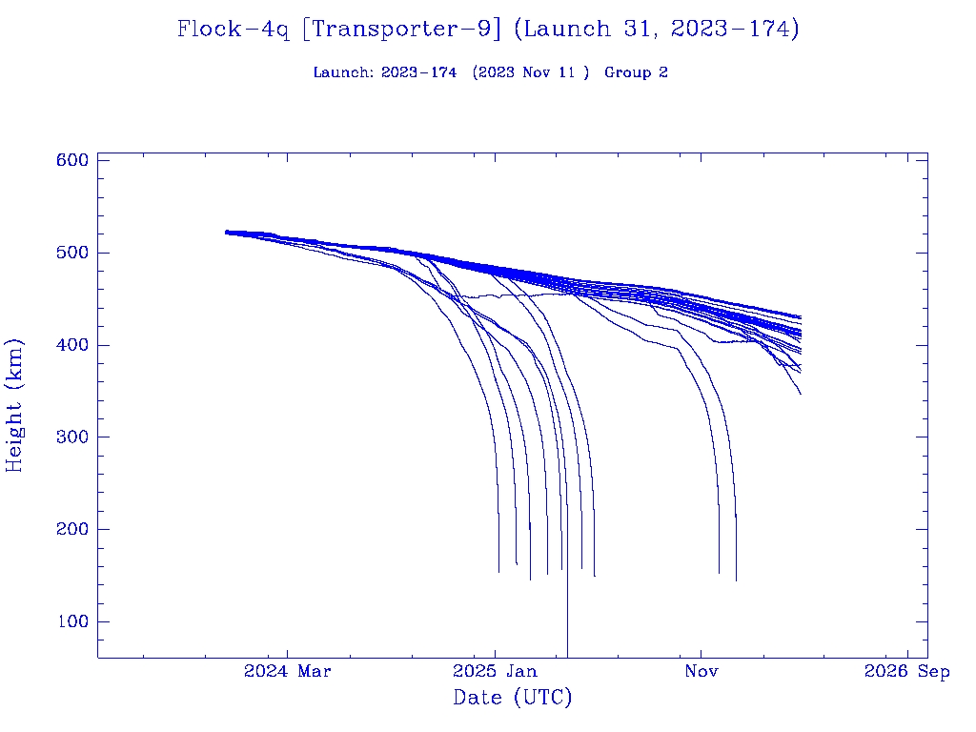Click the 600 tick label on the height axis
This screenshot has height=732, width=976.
[72, 160]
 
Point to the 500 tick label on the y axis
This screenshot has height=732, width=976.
[72, 253]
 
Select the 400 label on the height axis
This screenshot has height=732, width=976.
[72, 345]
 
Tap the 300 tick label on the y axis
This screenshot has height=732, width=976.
[72, 437]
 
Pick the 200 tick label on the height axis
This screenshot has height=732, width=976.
[72, 530]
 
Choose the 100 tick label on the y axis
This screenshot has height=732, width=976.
[72, 622]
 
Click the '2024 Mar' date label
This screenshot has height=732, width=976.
[288, 672]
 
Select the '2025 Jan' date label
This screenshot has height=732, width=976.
[495, 672]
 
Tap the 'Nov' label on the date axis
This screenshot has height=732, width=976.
[701, 672]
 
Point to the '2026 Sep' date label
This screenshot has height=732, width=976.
[907, 672]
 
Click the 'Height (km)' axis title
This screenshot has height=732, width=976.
[15, 405]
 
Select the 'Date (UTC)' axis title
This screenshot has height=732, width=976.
[513, 698]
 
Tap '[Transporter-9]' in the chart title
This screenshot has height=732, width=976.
[401, 30]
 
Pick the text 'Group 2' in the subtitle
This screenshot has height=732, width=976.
[636, 72]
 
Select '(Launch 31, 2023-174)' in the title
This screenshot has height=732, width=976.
[656, 30]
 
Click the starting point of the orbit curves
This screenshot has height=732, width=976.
[227, 232]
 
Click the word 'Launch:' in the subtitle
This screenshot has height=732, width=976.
[343, 72]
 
